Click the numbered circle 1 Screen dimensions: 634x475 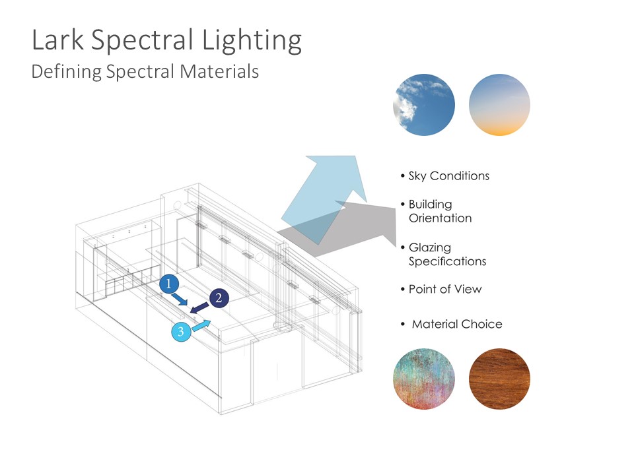point(169,284)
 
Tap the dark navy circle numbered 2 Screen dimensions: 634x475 point(219,298)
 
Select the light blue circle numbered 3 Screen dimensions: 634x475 point(181,332)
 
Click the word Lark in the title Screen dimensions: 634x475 point(58,40)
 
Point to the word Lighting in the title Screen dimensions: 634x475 point(252,41)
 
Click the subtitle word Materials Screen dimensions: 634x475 point(219,71)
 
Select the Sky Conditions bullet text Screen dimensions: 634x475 point(449,176)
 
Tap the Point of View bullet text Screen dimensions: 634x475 point(445,289)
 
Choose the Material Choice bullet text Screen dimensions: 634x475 point(457,324)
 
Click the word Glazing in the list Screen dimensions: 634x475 point(430,247)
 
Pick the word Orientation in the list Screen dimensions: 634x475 point(440,218)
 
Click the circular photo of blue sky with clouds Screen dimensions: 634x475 point(424,105)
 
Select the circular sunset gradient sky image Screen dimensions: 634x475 point(499,105)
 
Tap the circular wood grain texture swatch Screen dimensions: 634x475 point(499,379)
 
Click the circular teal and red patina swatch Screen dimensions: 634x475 point(424,379)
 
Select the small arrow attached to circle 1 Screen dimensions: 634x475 point(180,300)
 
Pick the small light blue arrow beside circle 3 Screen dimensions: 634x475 point(201,325)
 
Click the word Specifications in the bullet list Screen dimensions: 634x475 point(448,262)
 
